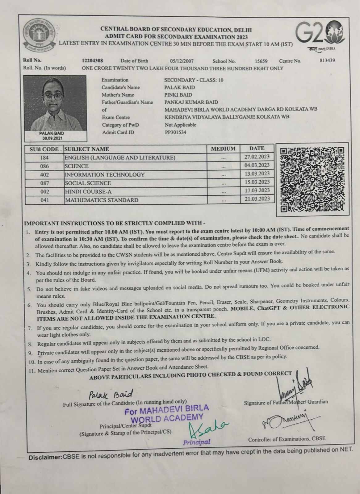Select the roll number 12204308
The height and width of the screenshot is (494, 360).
93,61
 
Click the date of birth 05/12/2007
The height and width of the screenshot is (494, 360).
182,61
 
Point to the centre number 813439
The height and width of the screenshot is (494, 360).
327,61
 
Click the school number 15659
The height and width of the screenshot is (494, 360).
261,61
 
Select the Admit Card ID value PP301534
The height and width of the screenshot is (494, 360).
175,132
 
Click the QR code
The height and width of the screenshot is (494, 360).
312,179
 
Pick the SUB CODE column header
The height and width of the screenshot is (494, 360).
44,149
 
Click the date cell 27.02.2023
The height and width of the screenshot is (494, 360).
257,157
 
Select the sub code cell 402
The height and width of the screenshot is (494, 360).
44,175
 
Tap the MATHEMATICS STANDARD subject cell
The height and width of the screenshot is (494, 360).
102,200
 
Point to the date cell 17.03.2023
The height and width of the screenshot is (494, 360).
257,190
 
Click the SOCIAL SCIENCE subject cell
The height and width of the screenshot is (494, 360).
88,183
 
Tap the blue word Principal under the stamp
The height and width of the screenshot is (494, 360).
197,442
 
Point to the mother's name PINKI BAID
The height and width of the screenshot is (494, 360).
178,95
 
